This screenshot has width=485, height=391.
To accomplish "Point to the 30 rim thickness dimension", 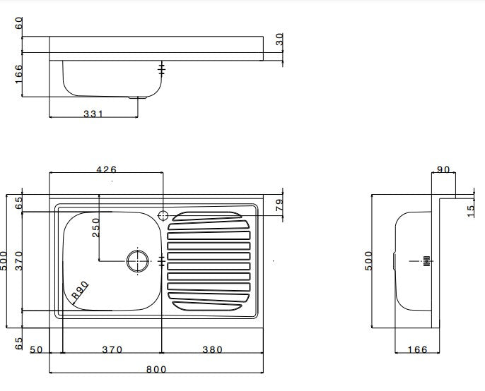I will pos(279,40).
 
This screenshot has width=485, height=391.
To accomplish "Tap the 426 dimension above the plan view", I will pos(106,169).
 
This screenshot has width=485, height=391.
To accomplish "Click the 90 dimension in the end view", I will pos(443,169).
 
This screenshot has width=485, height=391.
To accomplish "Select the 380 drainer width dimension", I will pos(212,349).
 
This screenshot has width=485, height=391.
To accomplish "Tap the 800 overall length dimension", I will pos(156,368).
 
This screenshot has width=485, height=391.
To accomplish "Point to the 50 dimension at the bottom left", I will pos(37,349).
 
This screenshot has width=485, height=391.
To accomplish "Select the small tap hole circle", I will pos(163,215).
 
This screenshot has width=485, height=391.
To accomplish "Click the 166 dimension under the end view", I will pos(419,349).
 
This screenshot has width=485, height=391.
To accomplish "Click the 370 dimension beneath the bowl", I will pos(112,349).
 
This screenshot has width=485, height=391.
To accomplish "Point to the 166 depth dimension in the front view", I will pos(18,73).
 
